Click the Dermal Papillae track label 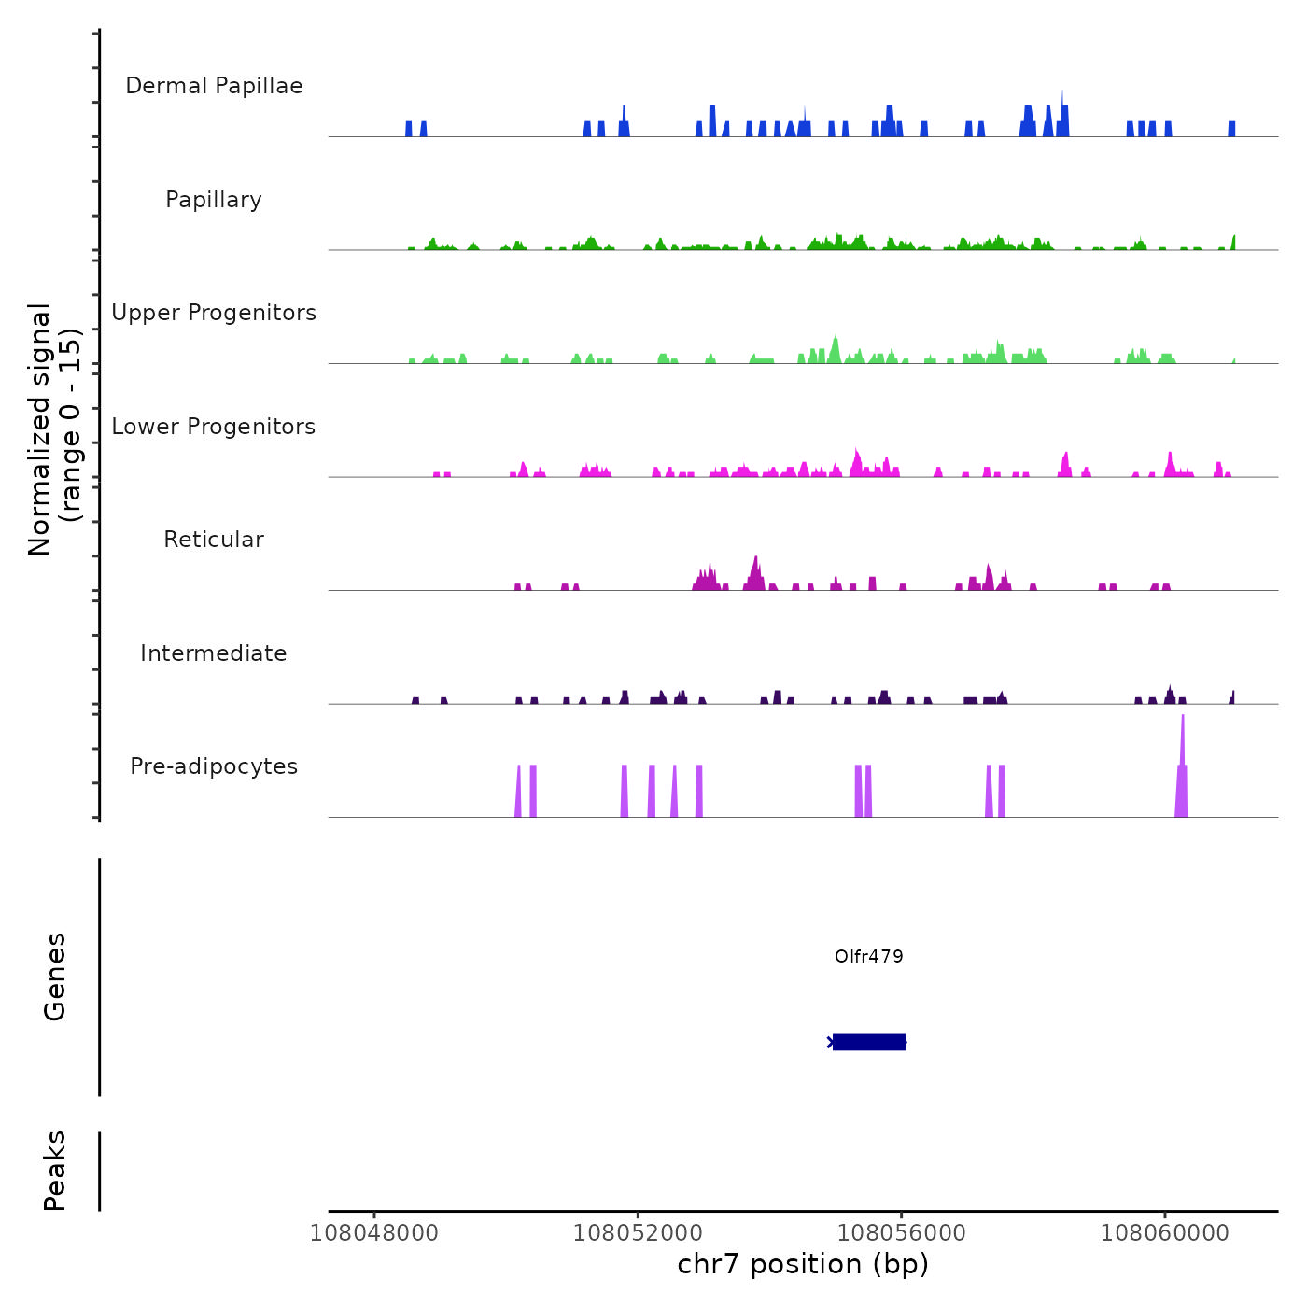214,86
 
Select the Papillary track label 214,200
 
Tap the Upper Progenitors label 214,313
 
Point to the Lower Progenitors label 214,427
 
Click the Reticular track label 214,540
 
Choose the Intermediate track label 214,653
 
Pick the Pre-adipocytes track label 214,766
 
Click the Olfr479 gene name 868,956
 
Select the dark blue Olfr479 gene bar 868,1042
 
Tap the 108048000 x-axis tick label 373,1233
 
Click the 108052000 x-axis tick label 638,1233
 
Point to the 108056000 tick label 901,1233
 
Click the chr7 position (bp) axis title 803,1264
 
